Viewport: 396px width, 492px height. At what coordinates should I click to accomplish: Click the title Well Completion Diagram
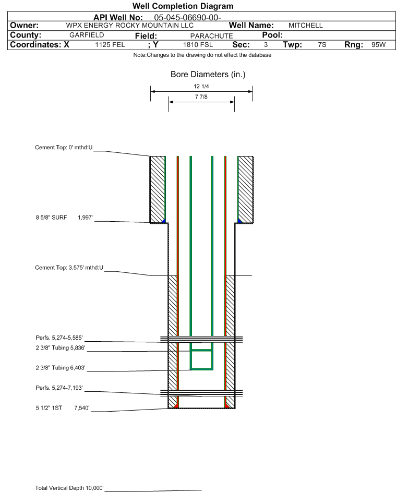(x=183, y=6)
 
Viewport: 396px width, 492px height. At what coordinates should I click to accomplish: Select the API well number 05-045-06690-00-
(x=187, y=18)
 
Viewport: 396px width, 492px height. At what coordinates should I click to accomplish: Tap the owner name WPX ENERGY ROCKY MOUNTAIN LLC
(x=129, y=26)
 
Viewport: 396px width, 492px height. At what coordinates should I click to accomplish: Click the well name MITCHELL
(x=305, y=26)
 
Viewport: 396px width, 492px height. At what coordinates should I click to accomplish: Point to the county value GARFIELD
(x=87, y=35)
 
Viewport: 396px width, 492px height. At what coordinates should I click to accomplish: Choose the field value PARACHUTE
(x=211, y=36)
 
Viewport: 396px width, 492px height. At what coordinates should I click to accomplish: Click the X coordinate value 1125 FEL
(x=110, y=45)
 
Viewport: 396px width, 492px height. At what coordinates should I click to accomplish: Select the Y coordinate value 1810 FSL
(x=198, y=45)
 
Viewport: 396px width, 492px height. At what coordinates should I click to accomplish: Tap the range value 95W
(x=378, y=44)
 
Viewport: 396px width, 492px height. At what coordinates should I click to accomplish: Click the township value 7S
(x=322, y=44)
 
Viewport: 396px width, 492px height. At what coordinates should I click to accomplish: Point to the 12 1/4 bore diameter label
(x=201, y=86)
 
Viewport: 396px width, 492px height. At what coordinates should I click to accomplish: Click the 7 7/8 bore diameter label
(x=201, y=97)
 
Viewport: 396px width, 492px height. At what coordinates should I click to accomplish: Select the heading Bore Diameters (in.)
(x=208, y=75)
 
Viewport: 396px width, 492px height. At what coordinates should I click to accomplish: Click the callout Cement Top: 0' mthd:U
(x=64, y=148)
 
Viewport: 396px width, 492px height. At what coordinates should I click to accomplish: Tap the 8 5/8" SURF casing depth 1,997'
(x=86, y=218)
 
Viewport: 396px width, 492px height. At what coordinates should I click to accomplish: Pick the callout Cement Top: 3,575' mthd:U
(x=69, y=268)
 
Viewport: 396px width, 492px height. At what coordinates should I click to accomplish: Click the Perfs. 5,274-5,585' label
(x=59, y=338)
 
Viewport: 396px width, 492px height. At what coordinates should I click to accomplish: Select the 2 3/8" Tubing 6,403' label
(x=61, y=368)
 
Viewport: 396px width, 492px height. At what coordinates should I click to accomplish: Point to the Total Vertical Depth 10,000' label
(x=69, y=488)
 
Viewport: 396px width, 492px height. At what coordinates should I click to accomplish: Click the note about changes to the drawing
(x=202, y=55)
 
